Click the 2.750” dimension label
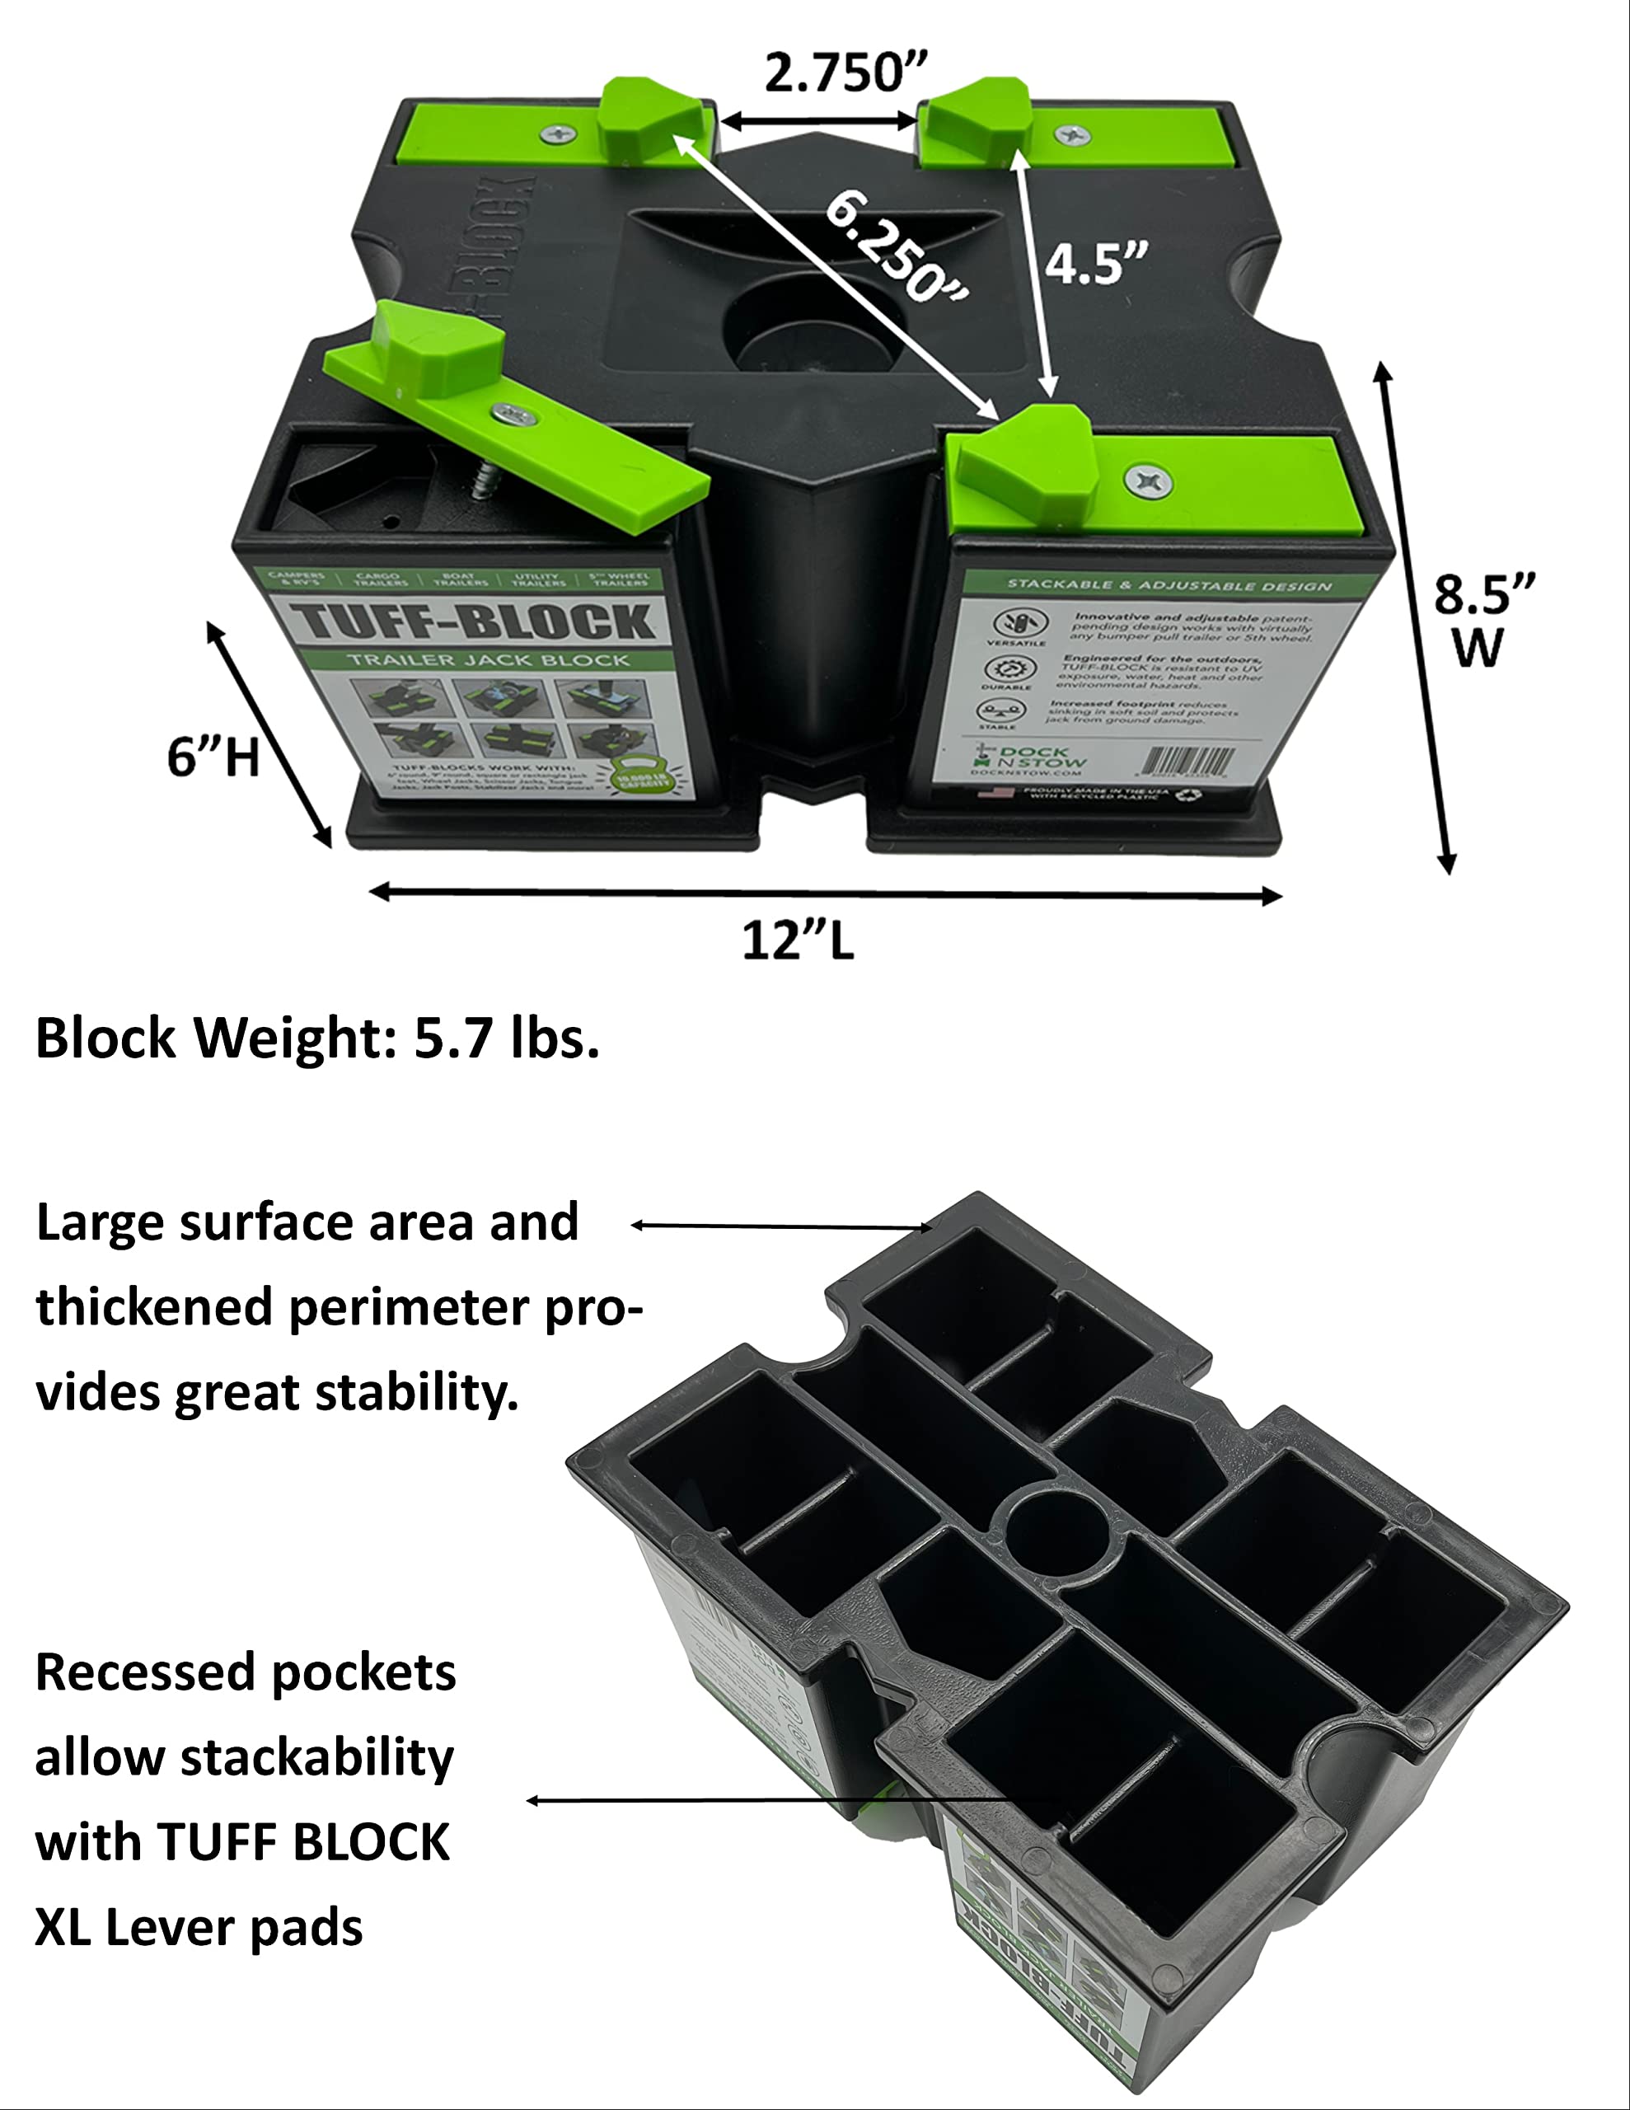845,73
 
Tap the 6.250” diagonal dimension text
897,246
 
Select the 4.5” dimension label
1096,264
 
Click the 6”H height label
213,757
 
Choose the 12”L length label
798,940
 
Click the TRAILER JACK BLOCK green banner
488,661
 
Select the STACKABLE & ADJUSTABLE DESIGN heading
1169,584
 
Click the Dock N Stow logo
1028,758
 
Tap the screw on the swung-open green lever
514,415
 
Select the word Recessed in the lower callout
135,1672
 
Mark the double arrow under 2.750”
819,122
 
